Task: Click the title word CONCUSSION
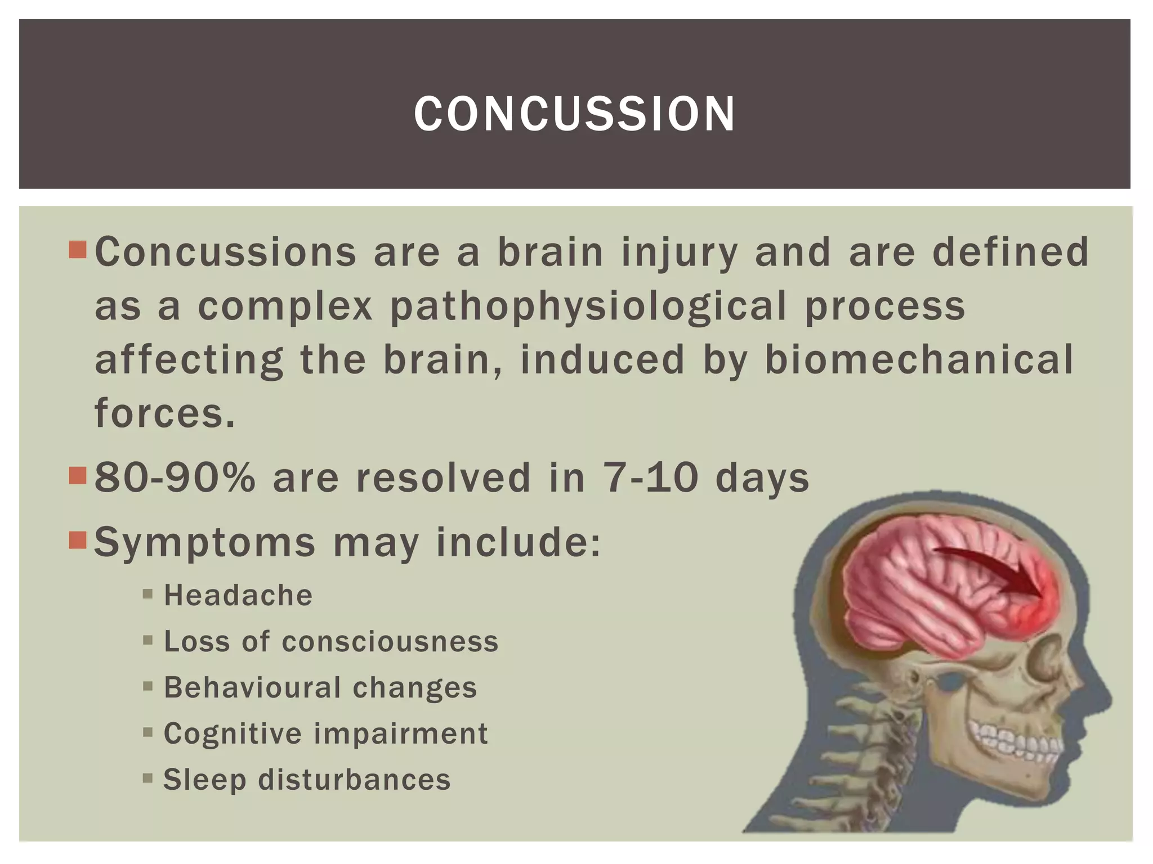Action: click(574, 114)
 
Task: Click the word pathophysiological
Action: click(588, 307)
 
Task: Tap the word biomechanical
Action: click(919, 360)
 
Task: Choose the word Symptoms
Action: click(204, 543)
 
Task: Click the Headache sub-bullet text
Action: click(238, 596)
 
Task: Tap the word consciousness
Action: click(390, 642)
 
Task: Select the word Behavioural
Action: click(252, 688)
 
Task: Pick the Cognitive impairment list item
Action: click(325, 734)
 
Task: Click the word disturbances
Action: click(354, 780)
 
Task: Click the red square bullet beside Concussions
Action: click(77, 250)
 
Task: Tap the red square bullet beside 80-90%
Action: click(77, 476)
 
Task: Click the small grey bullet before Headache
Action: click(148, 594)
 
